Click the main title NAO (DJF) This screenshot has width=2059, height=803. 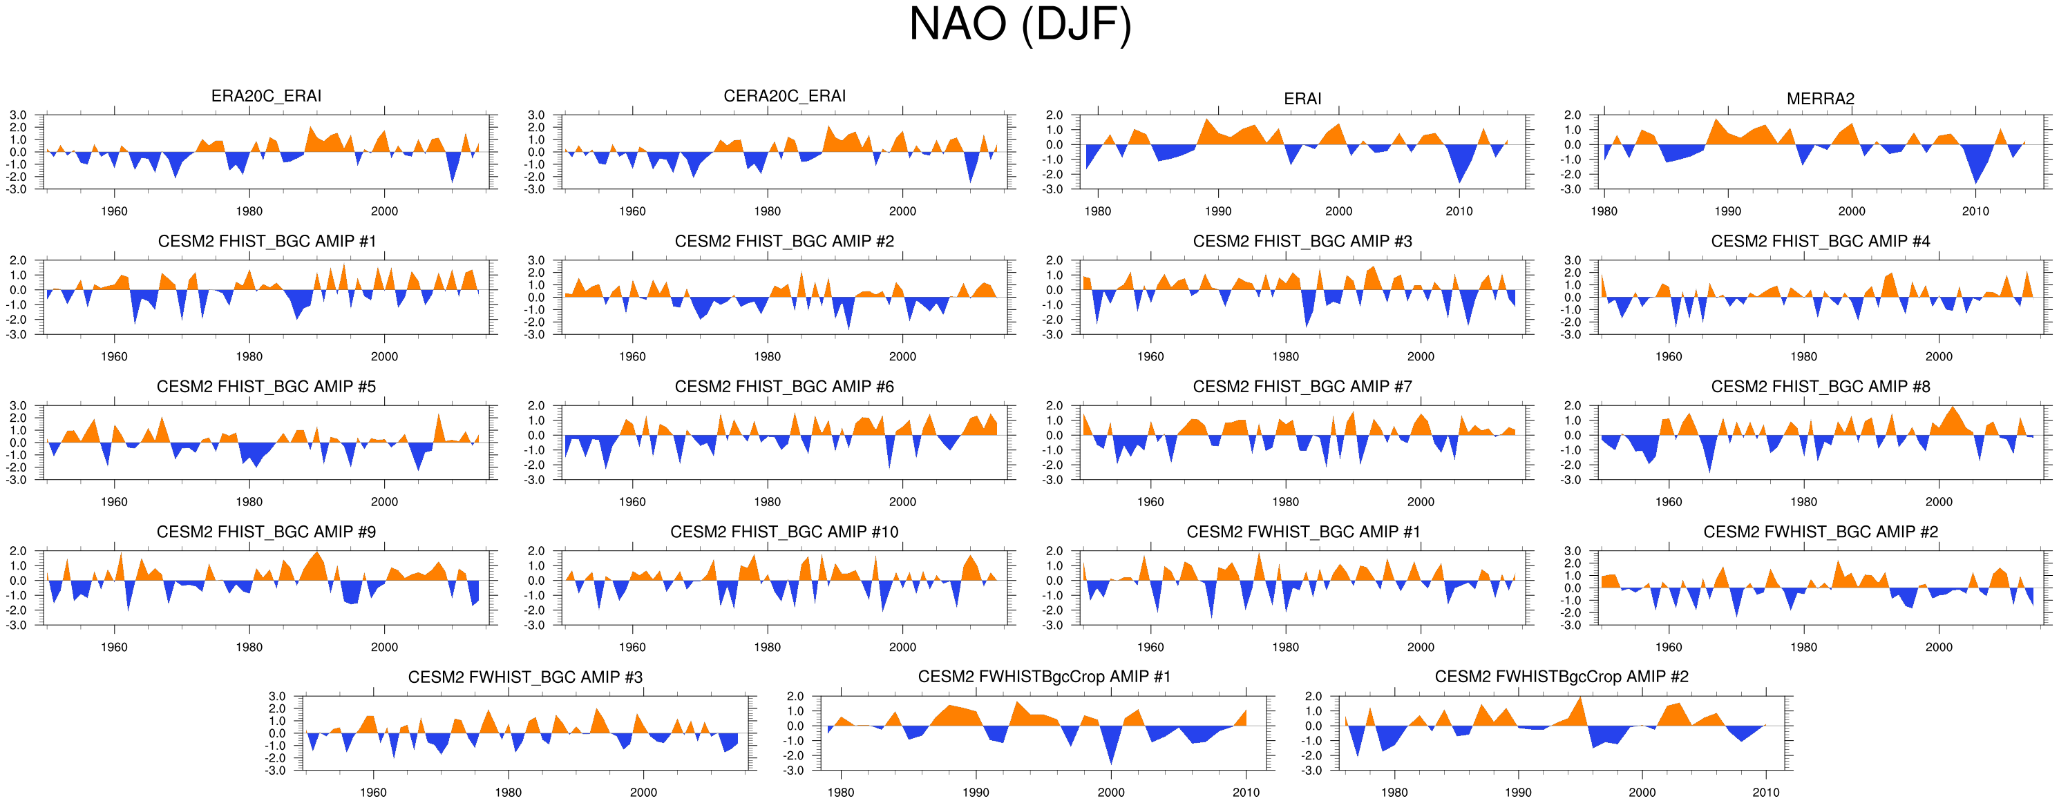[1020, 26]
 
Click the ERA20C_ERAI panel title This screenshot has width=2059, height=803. [266, 96]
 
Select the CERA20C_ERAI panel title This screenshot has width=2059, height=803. [784, 96]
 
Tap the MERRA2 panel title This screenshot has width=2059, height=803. [1820, 99]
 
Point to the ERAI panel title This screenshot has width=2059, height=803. [1302, 99]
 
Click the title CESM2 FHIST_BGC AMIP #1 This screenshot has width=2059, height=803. [266, 241]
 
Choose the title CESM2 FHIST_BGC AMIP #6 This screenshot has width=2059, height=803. [784, 387]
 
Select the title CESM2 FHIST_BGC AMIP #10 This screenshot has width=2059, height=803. [784, 532]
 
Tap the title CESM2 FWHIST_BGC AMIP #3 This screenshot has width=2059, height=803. [525, 677]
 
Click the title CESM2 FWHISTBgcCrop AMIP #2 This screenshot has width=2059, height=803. [1561, 677]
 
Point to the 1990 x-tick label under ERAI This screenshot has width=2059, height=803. [1218, 212]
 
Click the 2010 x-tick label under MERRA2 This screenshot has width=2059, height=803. [1975, 212]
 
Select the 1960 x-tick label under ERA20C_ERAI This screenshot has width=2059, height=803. [114, 212]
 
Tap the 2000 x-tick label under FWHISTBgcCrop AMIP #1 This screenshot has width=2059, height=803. [1111, 793]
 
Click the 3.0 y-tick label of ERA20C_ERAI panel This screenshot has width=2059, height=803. [17, 115]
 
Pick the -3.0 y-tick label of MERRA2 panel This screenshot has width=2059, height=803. [1571, 189]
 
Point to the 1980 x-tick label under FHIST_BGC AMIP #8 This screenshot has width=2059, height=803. [1803, 503]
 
